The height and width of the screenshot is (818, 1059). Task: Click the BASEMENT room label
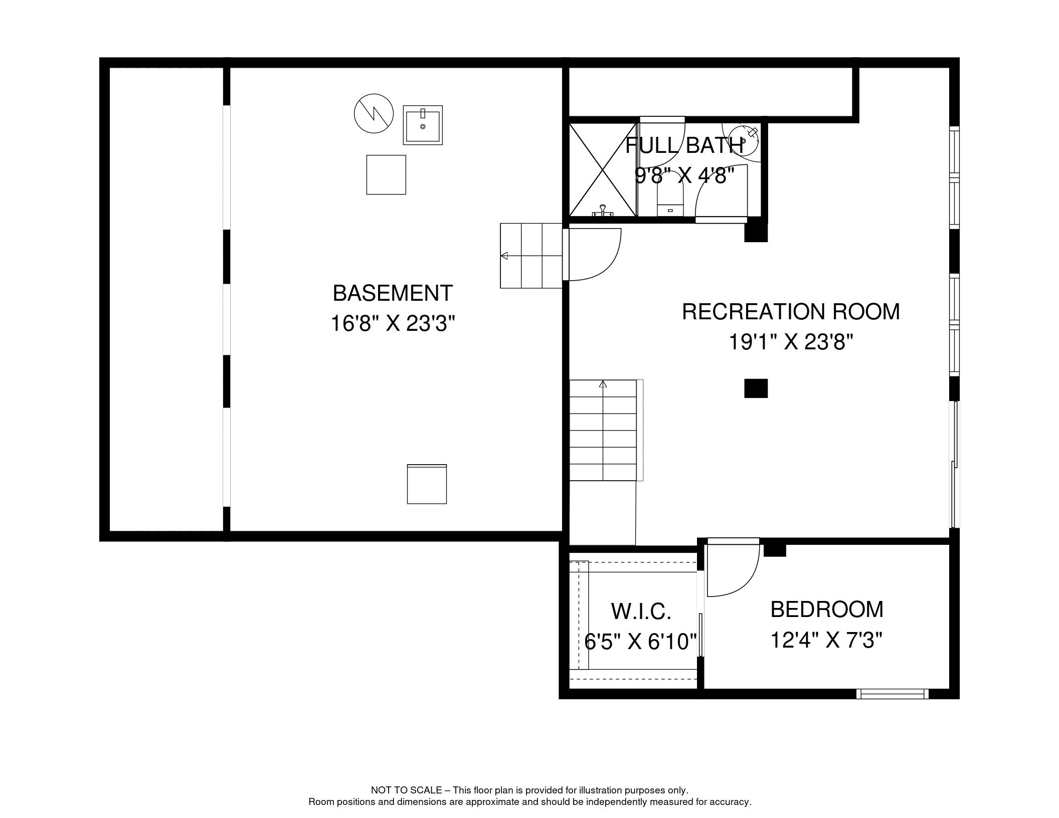pos(393,293)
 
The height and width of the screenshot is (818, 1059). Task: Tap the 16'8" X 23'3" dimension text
pos(393,324)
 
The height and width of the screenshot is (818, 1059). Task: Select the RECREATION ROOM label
pos(791,312)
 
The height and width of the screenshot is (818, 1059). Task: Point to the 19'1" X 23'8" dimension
pos(791,343)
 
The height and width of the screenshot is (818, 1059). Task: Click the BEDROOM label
pos(827,609)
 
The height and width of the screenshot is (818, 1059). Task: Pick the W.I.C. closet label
pos(641,611)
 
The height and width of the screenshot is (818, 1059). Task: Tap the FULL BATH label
pos(684,145)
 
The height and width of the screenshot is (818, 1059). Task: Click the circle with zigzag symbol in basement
pos(374,113)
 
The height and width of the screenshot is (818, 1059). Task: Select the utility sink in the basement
pos(423,125)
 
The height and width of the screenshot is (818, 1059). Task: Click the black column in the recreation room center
pos(756,388)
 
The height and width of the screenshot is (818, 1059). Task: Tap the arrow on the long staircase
pos(603,384)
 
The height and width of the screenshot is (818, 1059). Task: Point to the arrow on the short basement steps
pos(504,256)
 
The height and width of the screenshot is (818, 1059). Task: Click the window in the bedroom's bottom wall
pos(892,694)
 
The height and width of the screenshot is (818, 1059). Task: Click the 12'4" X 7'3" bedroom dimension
pos(826,641)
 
